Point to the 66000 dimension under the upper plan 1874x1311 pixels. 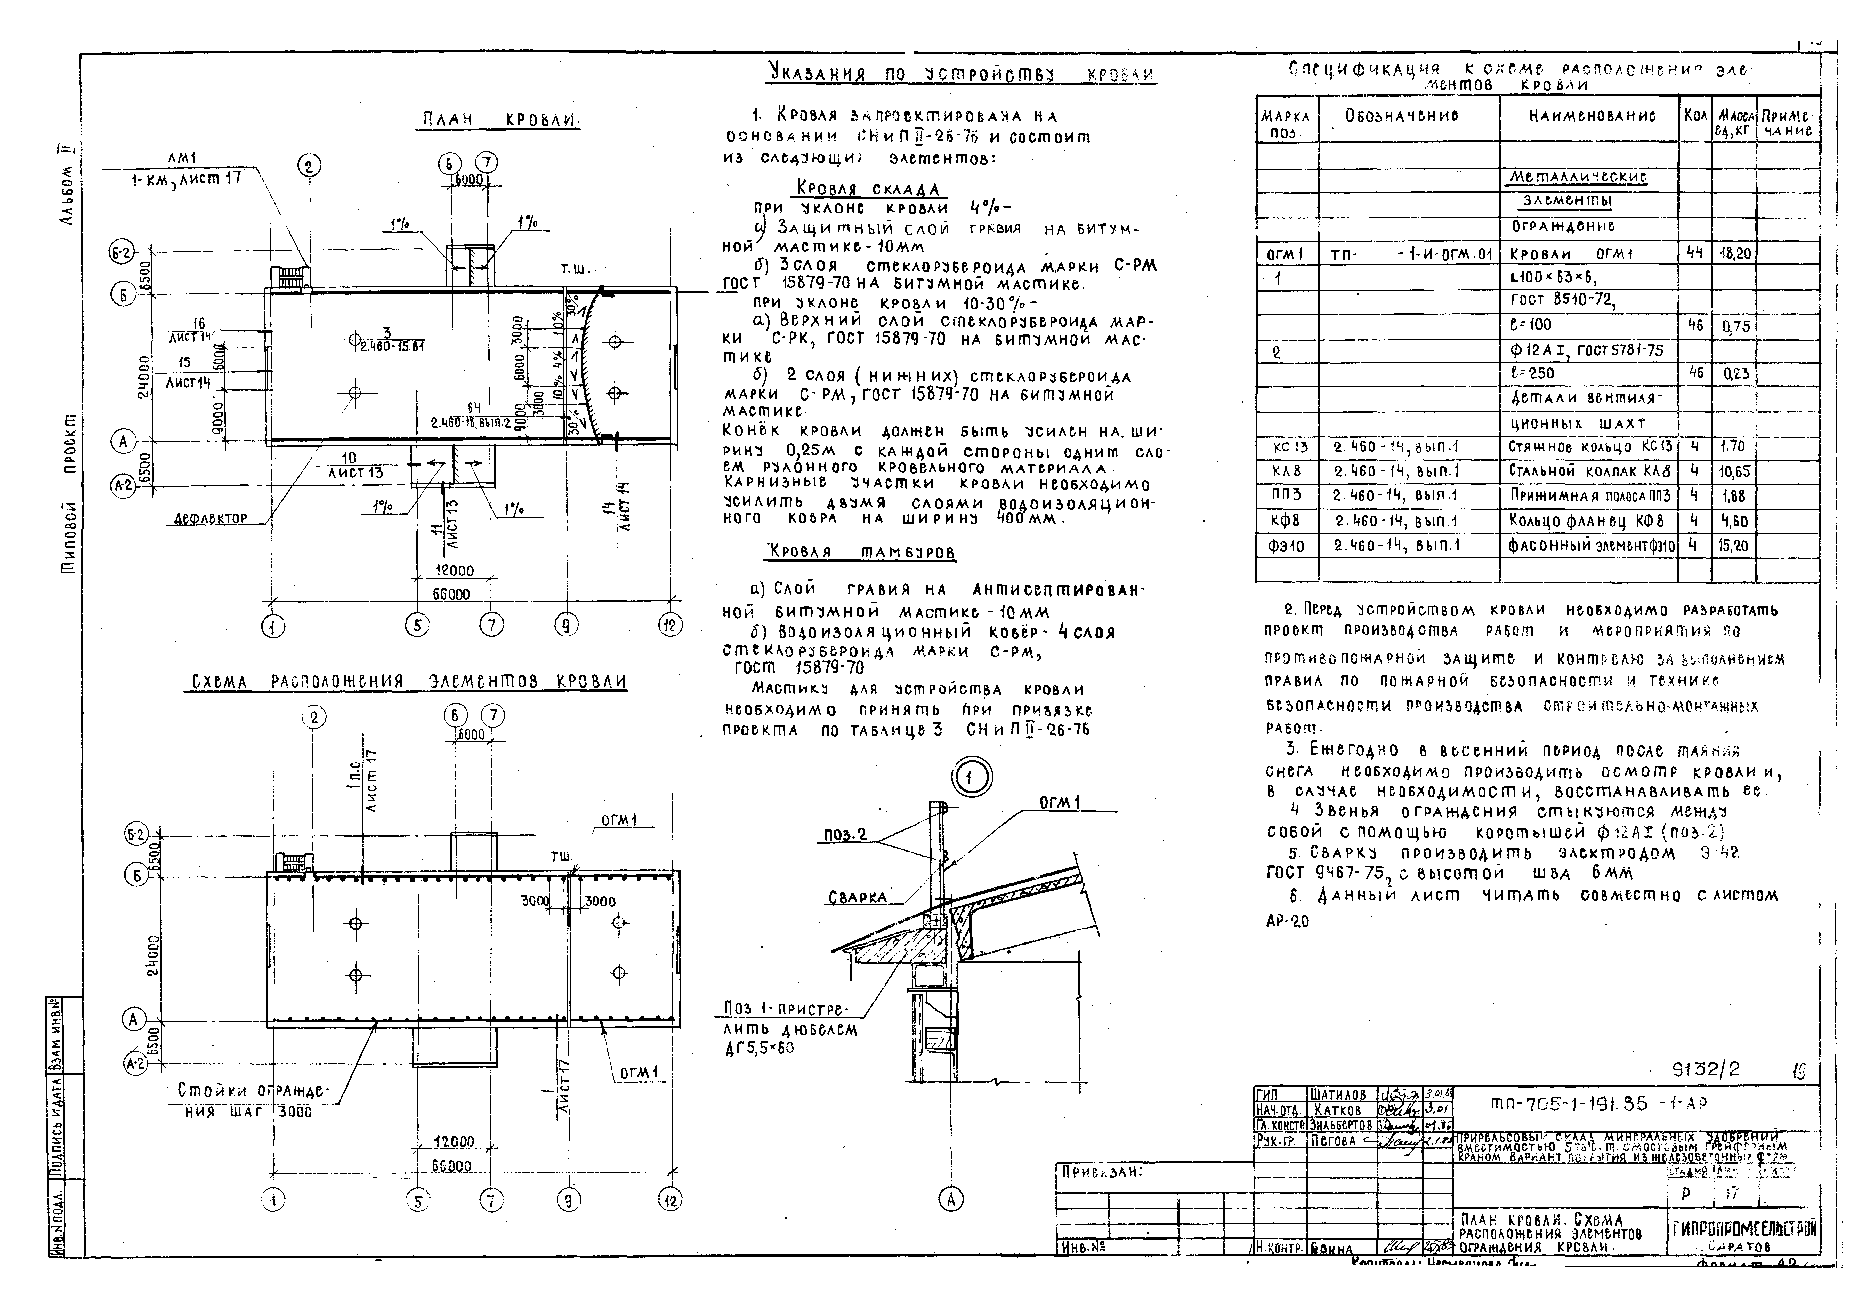pyautogui.click(x=450, y=594)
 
